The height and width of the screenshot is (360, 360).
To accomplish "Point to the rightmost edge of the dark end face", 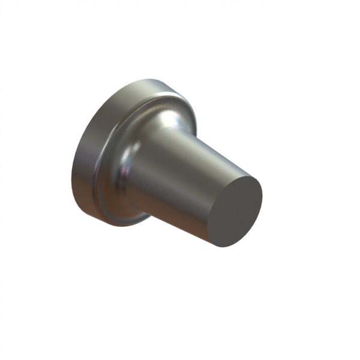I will coord(262,192).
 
